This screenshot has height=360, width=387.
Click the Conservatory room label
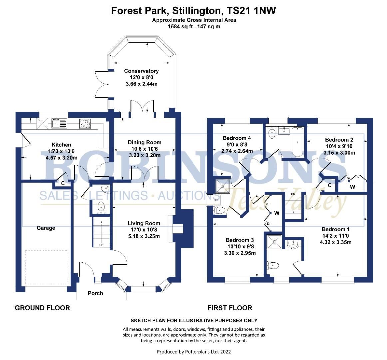point(141,71)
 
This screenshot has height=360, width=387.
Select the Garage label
point(46,228)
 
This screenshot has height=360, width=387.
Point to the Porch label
point(95,293)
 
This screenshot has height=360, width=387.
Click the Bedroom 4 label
point(237,138)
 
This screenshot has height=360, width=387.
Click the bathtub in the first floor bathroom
point(297,142)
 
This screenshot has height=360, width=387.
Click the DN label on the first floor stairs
point(293,194)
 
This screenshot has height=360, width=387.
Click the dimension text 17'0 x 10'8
point(144,230)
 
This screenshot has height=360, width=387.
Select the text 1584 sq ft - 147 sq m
point(194,26)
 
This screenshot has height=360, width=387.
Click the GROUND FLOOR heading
point(42,308)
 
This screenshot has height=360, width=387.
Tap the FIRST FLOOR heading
point(230,308)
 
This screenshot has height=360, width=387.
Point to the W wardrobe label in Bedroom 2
point(352,187)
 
